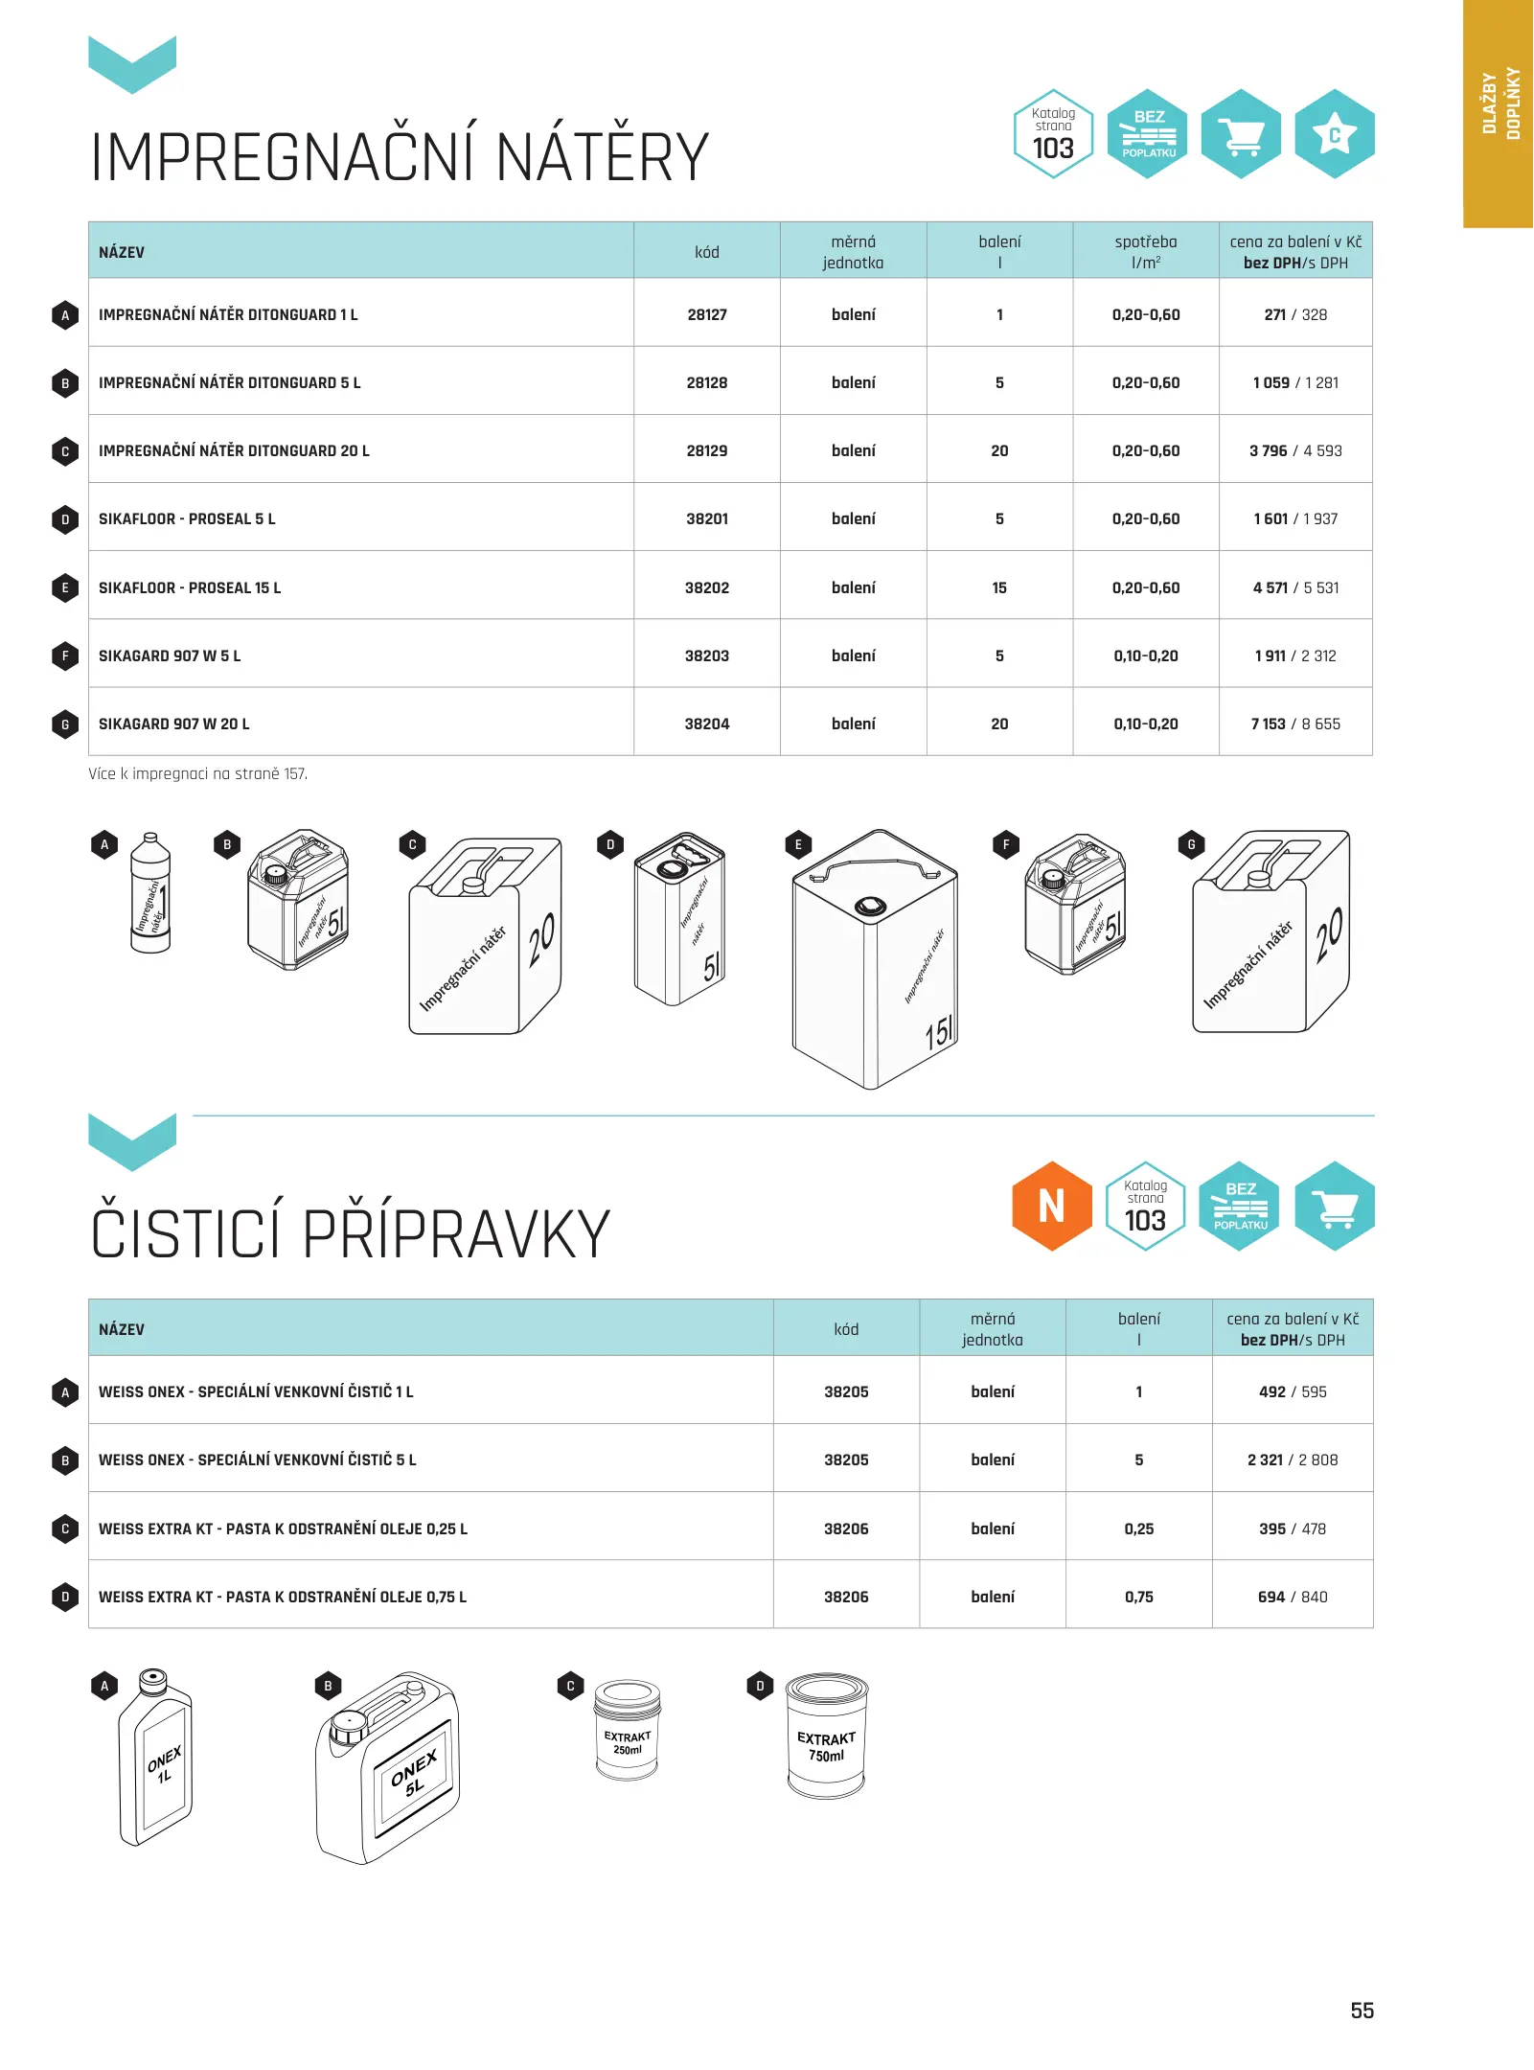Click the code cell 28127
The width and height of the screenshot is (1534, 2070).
tap(706, 314)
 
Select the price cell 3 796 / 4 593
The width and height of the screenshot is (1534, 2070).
tap(1294, 450)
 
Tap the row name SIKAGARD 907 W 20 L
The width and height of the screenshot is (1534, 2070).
tap(173, 724)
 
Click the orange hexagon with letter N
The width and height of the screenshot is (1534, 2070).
tap(1051, 1206)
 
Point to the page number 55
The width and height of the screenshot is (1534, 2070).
tap(1362, 2010)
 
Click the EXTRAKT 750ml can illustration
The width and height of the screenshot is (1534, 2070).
tap(826, 1736)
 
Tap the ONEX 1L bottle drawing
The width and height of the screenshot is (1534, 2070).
tap(155, 1758)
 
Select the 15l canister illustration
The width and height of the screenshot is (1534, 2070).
tap(874, 959)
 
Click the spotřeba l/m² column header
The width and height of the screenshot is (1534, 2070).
tap(1145, 251)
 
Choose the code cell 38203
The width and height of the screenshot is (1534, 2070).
tap(706, 655)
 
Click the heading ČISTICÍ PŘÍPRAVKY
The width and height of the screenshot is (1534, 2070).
tap(350, 1233)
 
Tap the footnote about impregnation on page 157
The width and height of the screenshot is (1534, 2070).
tap(197, 773)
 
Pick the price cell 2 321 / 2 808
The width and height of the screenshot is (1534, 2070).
tap(1292, 1460)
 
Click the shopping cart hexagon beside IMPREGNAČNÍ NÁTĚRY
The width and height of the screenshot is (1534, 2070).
tap(1241, 134)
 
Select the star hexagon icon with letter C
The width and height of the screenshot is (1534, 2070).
tap(1334, 134)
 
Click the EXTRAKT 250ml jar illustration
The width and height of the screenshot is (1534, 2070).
tap(627, 1730)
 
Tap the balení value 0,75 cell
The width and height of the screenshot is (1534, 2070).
tap(1138, 1597)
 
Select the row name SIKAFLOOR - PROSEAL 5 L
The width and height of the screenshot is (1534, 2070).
tap(187, 518)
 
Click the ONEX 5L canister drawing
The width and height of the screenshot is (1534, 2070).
tap(388, 1768)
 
